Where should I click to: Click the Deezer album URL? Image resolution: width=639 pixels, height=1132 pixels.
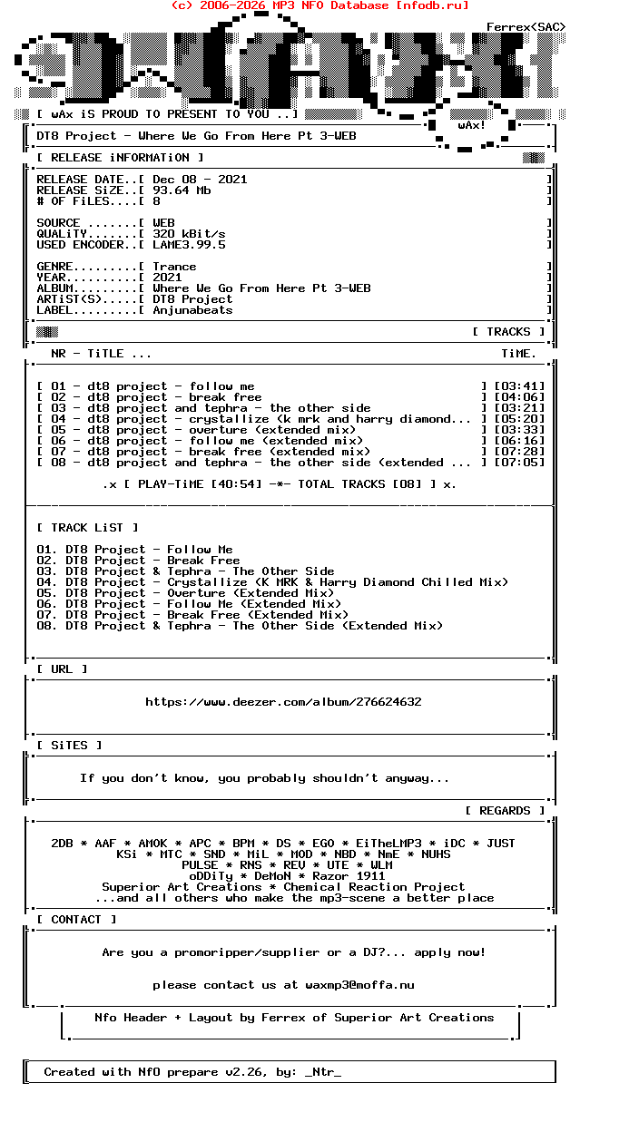point(283,702)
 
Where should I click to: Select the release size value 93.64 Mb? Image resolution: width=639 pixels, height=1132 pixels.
point(182,190)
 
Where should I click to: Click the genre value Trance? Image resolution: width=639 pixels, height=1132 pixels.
point(174,267)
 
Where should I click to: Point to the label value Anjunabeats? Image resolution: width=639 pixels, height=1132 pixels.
point(192,310)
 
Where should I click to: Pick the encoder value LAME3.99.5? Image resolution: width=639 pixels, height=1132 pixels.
point(189,245)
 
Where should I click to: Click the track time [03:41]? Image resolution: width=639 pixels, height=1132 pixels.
point(519,386)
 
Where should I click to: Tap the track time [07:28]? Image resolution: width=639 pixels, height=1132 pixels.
point(519,452)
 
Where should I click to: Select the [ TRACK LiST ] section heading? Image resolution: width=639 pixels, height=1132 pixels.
point(88,528)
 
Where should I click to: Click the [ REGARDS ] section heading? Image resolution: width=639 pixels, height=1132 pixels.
point(506,811)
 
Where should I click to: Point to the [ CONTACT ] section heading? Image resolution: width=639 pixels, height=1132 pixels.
point(77,920)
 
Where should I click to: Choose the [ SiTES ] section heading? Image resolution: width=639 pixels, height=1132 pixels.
point(70,746)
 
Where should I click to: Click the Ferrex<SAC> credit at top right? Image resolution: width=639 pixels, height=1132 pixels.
point(526,27)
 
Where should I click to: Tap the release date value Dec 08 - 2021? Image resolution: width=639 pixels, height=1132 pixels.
point(200,180)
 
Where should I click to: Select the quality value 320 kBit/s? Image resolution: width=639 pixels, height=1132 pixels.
point(189,234)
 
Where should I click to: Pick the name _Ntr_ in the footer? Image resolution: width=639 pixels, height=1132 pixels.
point(323,1072)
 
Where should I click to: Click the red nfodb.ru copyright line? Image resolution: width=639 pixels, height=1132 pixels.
point(319,5)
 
